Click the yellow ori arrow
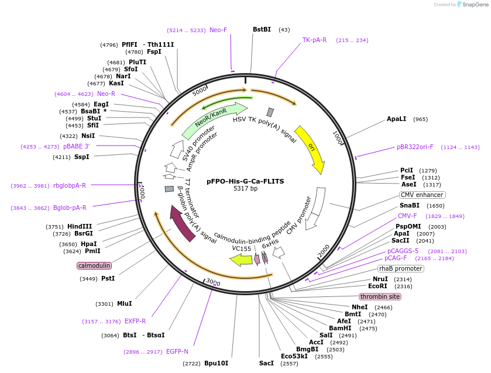coord(310,149)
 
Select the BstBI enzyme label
coord(262,30)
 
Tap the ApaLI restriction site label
coord(396,119)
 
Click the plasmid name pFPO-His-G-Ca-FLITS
coord(245,181)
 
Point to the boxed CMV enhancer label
coord(422,195)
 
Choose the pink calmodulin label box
coord(94,265)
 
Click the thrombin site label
coord(380,296)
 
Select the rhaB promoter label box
coord(400,268)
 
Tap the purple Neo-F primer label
coord(218,30)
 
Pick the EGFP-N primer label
coord(177,351)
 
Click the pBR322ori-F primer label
coord(415,147)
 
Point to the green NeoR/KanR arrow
coord(214,120)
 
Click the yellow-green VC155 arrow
coord(241,260)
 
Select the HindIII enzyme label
coord(80,226)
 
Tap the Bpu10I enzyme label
coord(216,363)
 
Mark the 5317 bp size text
coord(245,189)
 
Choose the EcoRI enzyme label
coord(377,286)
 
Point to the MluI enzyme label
coord(124,303)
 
